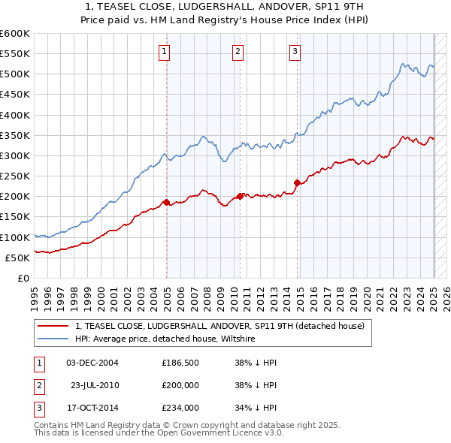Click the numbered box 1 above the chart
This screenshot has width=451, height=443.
[164, 52]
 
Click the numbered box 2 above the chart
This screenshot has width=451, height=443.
[238, 52]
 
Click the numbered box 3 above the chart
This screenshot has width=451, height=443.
[295, 52]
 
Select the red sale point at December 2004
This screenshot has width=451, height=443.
[166, 201]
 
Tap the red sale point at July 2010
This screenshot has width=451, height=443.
[241, 196]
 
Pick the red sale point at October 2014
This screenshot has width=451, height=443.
[297, 182]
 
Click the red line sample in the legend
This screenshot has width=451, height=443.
[54, 326]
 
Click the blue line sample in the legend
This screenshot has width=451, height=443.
[54, 339]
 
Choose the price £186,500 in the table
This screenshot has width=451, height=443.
[180, 363]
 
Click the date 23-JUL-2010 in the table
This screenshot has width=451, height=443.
[93, 385]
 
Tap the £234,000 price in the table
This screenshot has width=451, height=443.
[180, 408]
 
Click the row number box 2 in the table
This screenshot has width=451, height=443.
[38, 385]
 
